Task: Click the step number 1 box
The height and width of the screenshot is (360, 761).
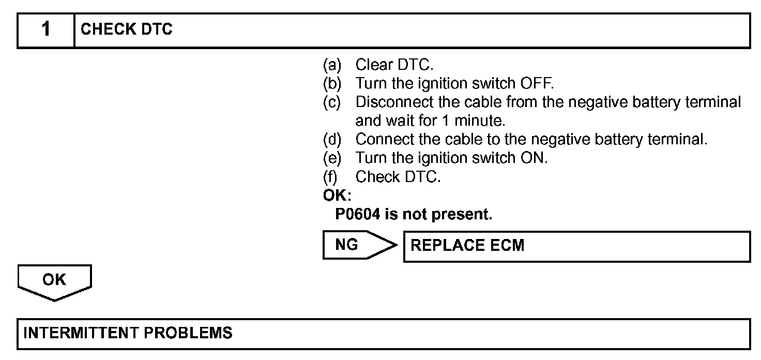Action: (46, 30)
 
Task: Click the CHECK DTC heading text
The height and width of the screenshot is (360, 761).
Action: (127, 30)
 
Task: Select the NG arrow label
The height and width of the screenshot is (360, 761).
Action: (347, 245)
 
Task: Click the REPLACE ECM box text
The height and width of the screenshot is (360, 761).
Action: (467, 245)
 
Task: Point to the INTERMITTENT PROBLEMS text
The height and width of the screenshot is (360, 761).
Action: (128, 333)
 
